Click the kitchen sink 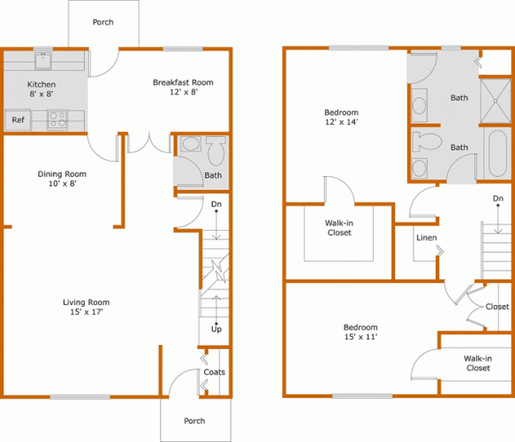(x=43, y=61)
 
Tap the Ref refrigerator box (x=18, y=120)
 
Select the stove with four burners (x=57, y=119)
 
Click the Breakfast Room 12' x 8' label (x=183, y=88)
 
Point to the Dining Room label (x=62, y=174)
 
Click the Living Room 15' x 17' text (x=87, y=307)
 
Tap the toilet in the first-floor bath (x=216, y=151)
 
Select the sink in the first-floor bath (x=191, y=144)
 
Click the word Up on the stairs (x=216, y=329)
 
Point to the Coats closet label (x=214, y=372)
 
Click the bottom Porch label (x=194, y=421)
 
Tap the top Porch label (x=103, y=22)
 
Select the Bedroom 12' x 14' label (x=341, y=117)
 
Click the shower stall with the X (x=496, y=101)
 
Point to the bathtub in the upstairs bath (x=497, y=154)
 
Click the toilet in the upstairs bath (x=427, y=141)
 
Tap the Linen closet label (x=427, y=238)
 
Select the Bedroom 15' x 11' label (x=360, y=331)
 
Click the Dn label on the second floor (x=498, y=198)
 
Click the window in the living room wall (x=80, y=397)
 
